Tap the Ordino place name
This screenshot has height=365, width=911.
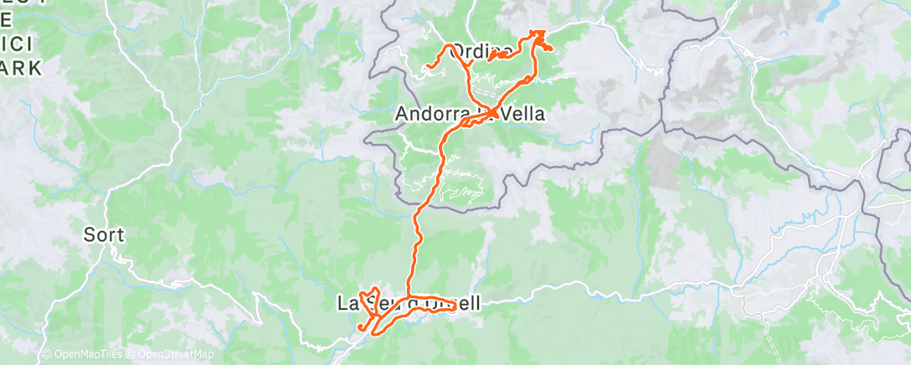coord(481,52)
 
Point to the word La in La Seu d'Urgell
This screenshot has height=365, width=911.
coord(346,304)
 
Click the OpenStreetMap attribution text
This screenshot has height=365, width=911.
coord(172,355)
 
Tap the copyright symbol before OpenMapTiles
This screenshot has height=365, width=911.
coord(46,355)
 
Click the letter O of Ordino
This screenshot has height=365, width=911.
coord(458,52)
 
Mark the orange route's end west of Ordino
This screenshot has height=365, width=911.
coord(428,65)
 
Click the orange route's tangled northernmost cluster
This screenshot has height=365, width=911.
coord(538,38)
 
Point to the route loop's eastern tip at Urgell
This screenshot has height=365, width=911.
coord(455,307)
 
